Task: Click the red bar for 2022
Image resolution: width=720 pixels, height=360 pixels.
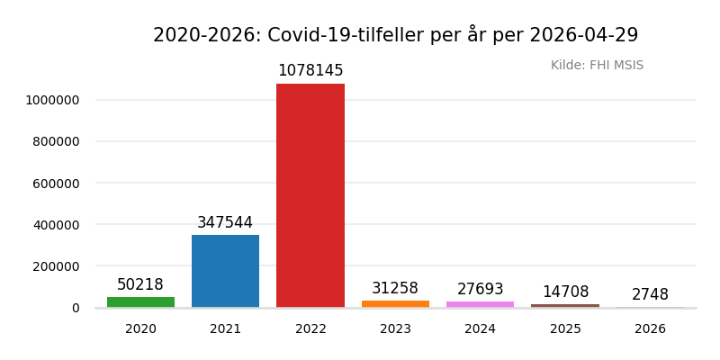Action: coord(310,195)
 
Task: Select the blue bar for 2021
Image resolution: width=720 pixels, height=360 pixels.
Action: coord(225,271)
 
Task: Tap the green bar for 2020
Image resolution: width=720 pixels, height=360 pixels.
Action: coord(140,302)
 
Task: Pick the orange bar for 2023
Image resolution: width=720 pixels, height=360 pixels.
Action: coord(395,304)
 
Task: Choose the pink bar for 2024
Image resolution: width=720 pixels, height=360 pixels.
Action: coord(480,304)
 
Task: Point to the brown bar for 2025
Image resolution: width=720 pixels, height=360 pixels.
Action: coord(565,306)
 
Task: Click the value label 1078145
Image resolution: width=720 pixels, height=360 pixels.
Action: coord(310,71)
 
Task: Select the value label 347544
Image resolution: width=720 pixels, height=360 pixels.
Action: coord(225,223)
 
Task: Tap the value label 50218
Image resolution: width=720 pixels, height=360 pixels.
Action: coord(140,285)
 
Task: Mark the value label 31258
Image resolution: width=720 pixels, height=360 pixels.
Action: coord(395,289)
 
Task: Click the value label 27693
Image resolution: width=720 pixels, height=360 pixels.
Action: coord(480,290)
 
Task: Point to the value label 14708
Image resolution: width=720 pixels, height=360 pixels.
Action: coord(565,292)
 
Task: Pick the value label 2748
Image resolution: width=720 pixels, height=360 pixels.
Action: coord(650,295)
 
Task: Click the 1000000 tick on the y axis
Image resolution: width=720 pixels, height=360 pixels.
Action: coord(53,100)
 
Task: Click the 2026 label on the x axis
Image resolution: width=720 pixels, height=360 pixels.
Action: coord(650,329)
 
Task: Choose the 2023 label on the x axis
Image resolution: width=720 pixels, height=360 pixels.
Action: coord(395,329)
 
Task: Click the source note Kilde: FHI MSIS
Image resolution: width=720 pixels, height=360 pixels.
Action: coord(597,66)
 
